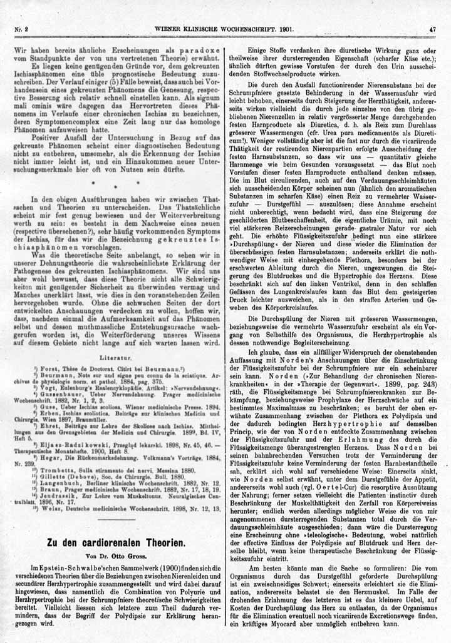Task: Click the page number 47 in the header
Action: tap(432, 29)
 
